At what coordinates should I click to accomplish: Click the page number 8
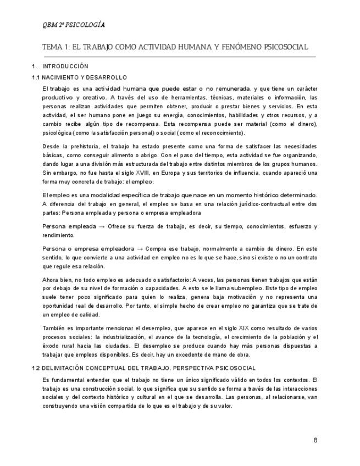pyautogui.click(x=315, y=440)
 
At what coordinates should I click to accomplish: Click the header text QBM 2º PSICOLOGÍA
pyautogui.click(x=74, y=25)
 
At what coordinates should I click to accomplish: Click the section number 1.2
pyautogui.click(x=36, y=368)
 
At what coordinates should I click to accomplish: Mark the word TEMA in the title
pyautogui.click(x=53, y=47)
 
